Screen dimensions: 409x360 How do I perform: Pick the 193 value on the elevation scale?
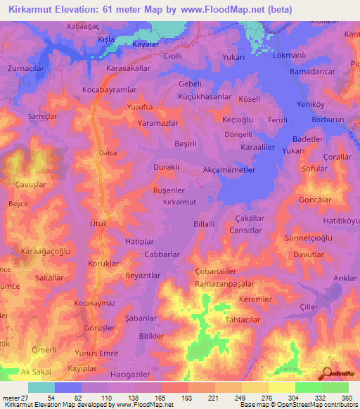(187, 398)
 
